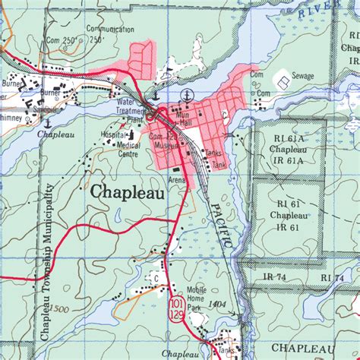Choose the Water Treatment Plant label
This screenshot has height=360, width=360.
131,111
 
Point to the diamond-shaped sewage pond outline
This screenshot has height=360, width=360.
281,79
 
